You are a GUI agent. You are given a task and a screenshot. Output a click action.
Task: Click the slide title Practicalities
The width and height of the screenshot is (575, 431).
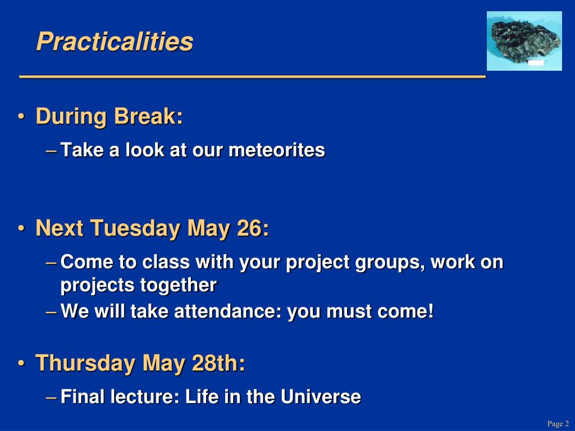[x=115, y=42]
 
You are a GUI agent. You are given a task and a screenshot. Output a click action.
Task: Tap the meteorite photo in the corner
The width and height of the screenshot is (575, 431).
[x=524, y=40]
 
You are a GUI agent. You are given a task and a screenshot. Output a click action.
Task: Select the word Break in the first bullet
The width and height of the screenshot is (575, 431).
[x=148, y=116]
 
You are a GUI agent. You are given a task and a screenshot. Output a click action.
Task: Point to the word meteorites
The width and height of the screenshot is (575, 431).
[x=276, y=150]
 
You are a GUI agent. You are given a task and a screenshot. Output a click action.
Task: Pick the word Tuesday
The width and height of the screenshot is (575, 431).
[x=135, y=229]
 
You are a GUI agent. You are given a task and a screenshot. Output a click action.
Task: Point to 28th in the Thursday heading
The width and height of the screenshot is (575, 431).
[x=218, y=363]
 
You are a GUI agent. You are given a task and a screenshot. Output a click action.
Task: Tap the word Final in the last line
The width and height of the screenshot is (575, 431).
[x=83, y=397]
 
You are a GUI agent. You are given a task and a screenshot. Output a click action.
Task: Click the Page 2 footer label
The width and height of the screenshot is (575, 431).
[x=558, y=424]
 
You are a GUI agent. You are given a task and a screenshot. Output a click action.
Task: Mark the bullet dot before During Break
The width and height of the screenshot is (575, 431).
[x=22, y=117]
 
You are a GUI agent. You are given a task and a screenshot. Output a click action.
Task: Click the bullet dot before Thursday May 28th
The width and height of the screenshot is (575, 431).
[x=22, y=364]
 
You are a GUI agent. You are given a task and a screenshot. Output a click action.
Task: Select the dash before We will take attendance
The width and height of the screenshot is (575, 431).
[x=51, y=312]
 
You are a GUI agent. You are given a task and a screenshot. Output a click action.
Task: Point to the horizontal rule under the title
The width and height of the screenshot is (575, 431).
[x=252, y=76]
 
